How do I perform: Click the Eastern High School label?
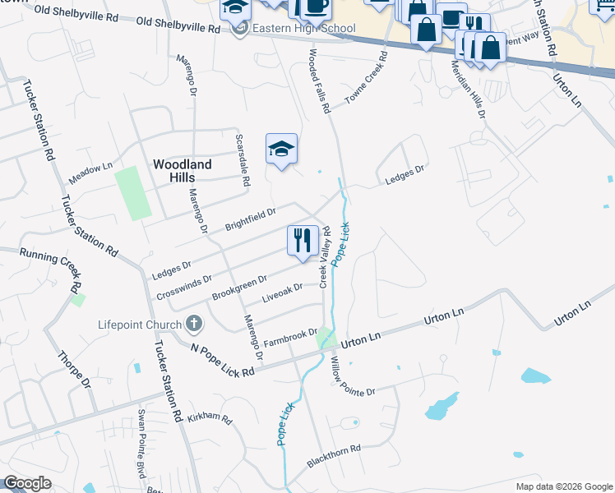[x=304, y=29]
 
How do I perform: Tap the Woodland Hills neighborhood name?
[x=183, y=172]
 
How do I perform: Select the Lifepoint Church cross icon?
[x=194, y=323]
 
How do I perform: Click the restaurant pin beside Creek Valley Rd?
[x=303, y=240]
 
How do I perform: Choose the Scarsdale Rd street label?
[x=243, y=160]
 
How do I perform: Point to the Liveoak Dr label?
[x=282, y=292]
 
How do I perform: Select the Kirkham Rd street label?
[x=209, y=417]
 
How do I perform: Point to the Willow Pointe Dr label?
[x=352, y=376]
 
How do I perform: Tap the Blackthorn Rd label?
[x=334, y=456]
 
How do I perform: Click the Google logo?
[x=28, y=483]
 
